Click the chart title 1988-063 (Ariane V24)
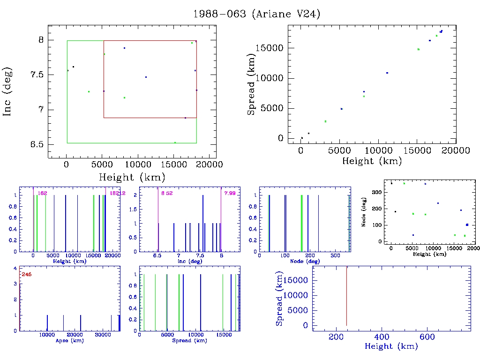pyautogui.click(x=256, y=14)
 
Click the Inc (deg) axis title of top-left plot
pyautogui.click(x=8, y=92)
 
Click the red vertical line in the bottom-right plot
pyautogui.click(x=346, y=296)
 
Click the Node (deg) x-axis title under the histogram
pyautogui.click(x=305, y=261)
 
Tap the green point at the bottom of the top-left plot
pyautogui.click(x=175, y=142)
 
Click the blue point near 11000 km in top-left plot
pyautogui.click(x=146, y=77)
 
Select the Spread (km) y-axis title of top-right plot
pyautogui.click(x=252, y=85)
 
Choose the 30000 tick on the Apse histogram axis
pyautogui.click(x=103, y=335)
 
